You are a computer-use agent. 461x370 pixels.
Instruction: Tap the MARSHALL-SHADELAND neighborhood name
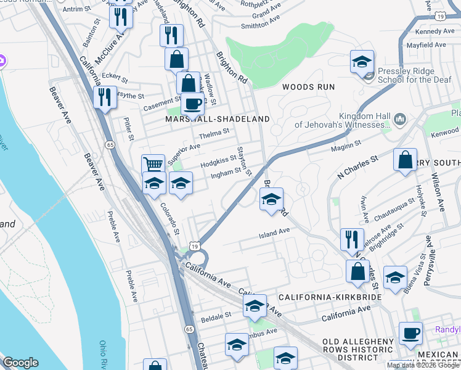click(x=218, y=118)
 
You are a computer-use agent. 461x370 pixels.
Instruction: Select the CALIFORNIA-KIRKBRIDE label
click(x=330, y=297)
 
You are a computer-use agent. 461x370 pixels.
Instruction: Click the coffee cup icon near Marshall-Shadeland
click(x=192, y=104)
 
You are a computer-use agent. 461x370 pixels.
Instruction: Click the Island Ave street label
click(x=274, y=232)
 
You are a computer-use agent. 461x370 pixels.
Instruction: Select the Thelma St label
click(x=214, y=131)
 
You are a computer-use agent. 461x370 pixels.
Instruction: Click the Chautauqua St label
click(x=394, y=204)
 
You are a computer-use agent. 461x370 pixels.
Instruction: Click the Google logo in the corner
click(x=21, y=363)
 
